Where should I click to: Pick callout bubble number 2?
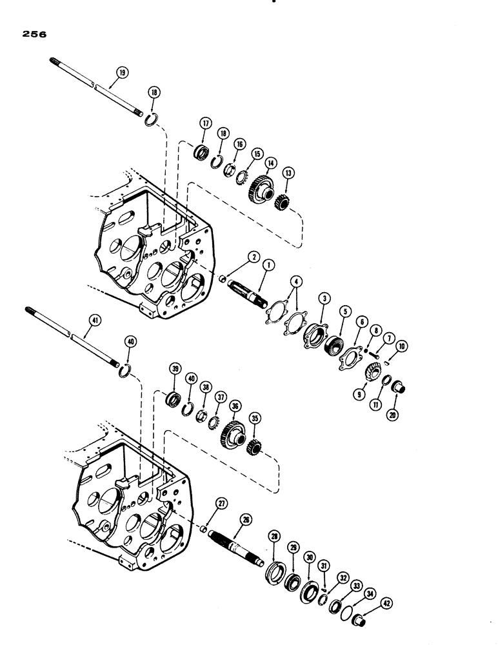click(255, 257)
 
